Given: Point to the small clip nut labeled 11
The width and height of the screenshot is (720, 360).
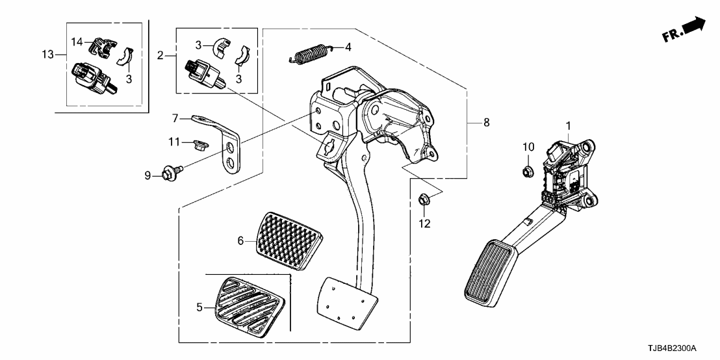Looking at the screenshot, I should point(200,142).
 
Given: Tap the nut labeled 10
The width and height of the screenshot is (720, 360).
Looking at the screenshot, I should point(527,172).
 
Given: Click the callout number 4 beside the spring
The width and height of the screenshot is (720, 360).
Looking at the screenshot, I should point(348,47).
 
